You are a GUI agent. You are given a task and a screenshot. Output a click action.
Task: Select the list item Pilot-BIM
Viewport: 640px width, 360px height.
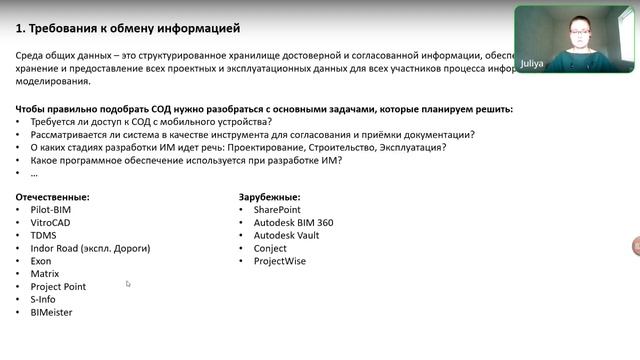[51, 210]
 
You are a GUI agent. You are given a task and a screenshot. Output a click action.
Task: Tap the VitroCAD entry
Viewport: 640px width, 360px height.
[50, 223]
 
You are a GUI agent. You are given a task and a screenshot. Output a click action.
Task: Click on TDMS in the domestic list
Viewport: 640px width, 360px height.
[44, 235]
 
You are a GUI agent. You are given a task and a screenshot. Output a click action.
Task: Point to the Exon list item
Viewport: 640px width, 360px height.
[41, 261]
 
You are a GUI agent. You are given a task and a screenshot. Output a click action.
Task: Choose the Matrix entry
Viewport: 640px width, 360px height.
[45, 273]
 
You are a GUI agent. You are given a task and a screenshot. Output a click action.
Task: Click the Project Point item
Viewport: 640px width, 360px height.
[58, 286]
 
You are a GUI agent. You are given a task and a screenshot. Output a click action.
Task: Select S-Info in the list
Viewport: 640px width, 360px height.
[44, 299]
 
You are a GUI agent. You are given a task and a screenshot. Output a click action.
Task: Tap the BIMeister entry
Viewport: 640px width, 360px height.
[52, 312]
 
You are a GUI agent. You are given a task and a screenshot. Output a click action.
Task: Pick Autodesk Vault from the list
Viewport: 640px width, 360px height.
[287, 235]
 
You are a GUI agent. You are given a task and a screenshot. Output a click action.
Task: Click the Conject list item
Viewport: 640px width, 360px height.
[271, 248]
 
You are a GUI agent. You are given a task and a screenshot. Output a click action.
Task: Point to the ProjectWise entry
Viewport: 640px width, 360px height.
[280, 261]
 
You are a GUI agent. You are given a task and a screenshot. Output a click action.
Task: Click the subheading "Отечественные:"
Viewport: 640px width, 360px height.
[53, 197]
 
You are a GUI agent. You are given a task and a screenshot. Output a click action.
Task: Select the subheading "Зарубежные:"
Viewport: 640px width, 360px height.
[270, 197]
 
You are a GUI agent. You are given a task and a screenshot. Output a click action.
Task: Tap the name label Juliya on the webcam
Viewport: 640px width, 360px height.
[532, 63]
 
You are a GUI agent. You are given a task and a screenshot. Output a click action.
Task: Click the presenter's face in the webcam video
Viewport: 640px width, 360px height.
[577, 33]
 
